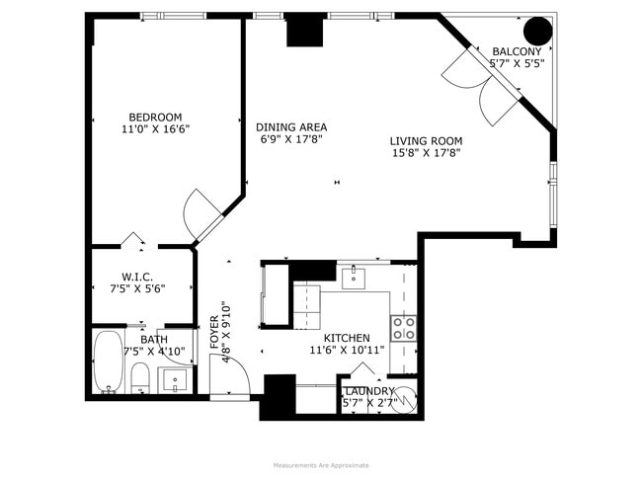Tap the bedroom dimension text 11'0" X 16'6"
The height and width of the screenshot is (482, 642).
[155, 129]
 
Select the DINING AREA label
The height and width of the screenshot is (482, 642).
[291, 127]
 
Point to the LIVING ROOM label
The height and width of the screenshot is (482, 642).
[426, 141]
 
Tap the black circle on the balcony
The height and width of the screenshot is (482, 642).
[537, 32]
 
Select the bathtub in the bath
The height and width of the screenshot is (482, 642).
[107, 362]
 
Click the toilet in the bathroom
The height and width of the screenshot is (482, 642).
[140, 376]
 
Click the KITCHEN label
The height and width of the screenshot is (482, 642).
[346, 338]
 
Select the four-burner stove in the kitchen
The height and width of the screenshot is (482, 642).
[402, 328]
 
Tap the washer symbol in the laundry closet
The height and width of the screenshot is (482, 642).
[405, 398]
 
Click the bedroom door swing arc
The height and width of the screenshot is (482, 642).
[201, 208]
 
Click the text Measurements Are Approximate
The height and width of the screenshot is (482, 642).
[320, 465]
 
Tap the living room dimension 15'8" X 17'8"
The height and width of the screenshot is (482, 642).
[426, 153]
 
